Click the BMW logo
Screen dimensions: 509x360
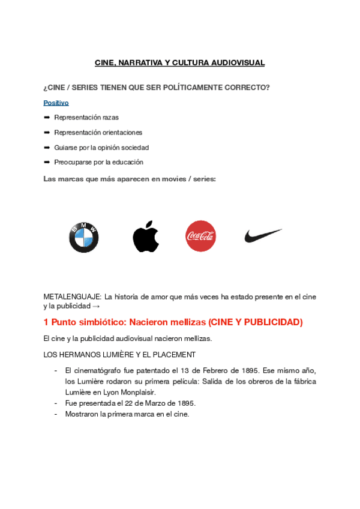(83, 237)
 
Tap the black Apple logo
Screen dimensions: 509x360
(146, 236)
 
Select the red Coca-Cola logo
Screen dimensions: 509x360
(200, 236)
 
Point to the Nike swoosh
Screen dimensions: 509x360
(262, 235)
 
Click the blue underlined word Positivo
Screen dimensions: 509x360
(56, 103)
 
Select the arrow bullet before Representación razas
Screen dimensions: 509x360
(47, 118)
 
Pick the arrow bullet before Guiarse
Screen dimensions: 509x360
(47, 148)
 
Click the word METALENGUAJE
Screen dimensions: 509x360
(72, 297)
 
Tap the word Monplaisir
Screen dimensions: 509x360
(137, 392)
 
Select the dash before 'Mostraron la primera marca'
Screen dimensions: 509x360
(56, 414)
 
